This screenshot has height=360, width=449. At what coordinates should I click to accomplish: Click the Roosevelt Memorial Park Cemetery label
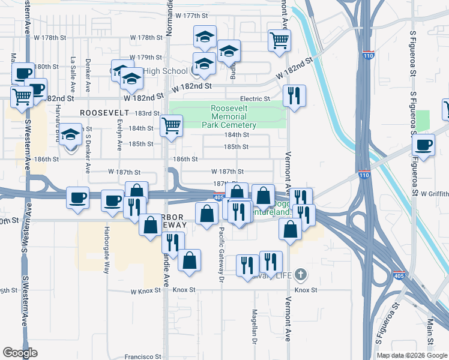pyautogui.click(x=234, y=116)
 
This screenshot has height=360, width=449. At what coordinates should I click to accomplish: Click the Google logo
pyautogui.click(x=20, y=353)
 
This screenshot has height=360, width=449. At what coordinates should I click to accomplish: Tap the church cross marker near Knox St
pyautogui.click(x=301, y=275)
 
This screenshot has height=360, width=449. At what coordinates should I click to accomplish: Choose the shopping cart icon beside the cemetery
pyautogui.click(x=171, y=126)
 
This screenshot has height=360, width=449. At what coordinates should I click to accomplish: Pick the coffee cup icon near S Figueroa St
pyautogui.click(x=424, y=145)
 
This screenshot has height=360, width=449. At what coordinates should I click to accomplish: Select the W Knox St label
pyautogui.click(x=146, y=290)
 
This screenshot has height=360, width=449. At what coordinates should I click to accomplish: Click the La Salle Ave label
pyautogui.click(x=73, y=68)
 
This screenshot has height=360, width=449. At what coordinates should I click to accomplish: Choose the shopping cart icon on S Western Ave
pyautogui.click(x=22, y=95)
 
